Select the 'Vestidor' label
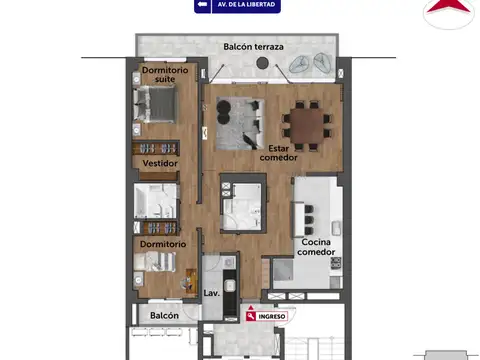pos(160,163)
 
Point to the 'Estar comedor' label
pos(278,151)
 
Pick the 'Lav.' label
pos(211,293)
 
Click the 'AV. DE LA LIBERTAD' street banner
pos(237,6)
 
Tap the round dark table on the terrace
pos(262,64)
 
